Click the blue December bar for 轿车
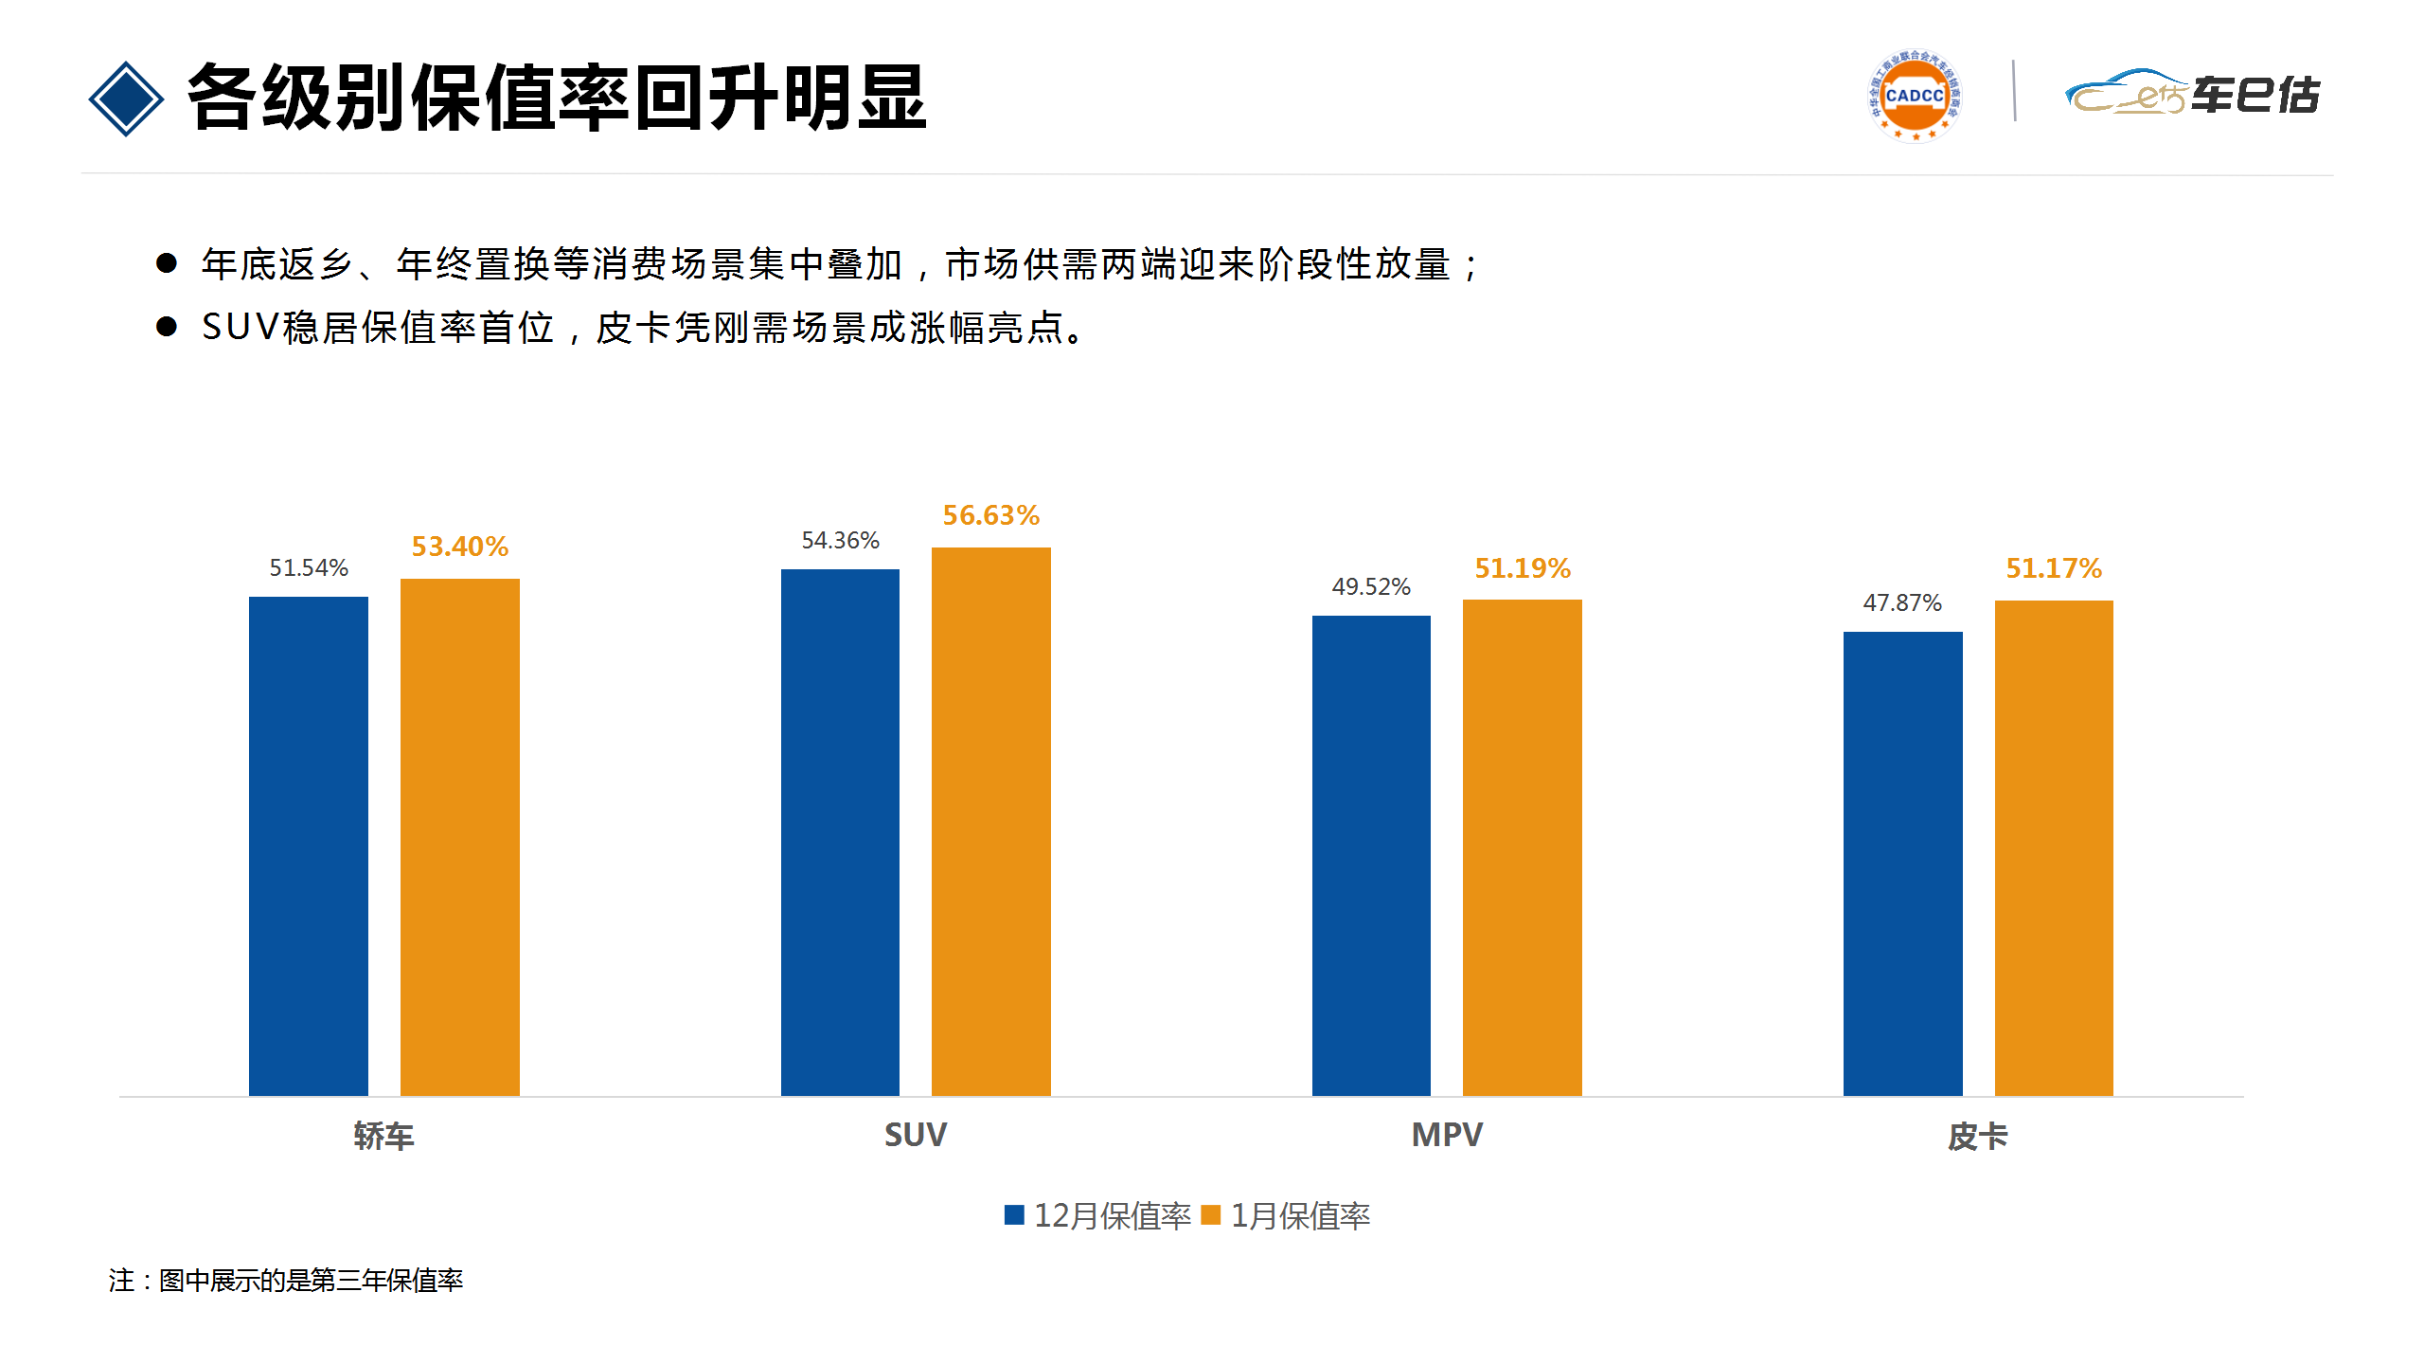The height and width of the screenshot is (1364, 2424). coord(308,845)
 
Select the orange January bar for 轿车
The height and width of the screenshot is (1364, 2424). coord(459,836)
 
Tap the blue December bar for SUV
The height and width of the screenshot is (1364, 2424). coord(840,832)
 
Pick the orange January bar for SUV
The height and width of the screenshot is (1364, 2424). coord(990,821)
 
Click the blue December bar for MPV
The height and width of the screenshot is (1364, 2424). coord(1371,854)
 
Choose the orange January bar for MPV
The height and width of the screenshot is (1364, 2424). coord(1522,847)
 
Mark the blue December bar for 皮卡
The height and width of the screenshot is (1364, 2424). coord(1902,863)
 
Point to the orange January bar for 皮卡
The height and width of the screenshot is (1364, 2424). coord(2054,847)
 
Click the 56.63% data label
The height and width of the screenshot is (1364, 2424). coord(990,515)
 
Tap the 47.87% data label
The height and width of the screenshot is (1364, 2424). coord(1902,602)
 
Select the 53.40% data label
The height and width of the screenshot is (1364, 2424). coord(459,547)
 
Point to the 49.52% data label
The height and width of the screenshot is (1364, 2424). coord(1371,586)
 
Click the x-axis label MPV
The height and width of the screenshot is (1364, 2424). coord(1447,1135)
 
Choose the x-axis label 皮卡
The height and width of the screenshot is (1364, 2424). coord(1978,1136)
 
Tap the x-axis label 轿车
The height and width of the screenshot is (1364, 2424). coord(383,1136)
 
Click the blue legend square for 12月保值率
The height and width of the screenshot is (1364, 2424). coord(1014,1214)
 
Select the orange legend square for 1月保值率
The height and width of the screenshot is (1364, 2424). coord(1210,1214)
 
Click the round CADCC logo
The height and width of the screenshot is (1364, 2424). coord(1914,96)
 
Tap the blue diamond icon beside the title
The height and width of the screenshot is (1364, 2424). coord(126,99)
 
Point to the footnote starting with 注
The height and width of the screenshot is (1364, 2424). coord(285,1281)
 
